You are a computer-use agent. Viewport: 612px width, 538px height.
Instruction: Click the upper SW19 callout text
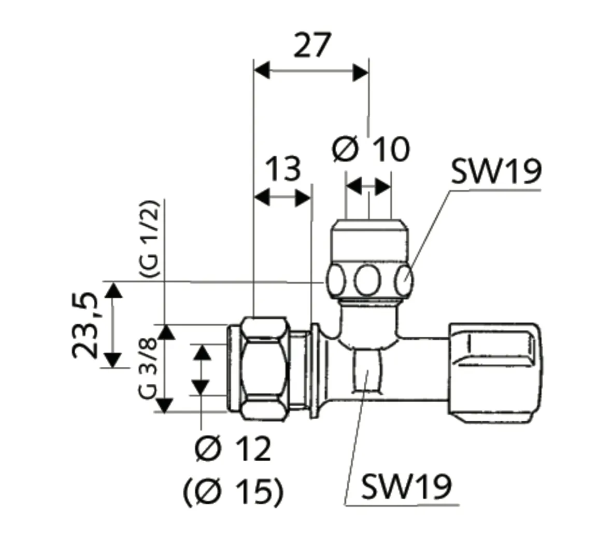point(495,172)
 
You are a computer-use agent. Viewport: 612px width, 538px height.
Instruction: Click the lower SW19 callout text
point(406,486)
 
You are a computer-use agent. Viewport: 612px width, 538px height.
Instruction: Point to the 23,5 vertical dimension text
point(85,325)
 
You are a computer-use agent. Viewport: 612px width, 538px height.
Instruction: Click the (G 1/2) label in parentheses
point(149,240)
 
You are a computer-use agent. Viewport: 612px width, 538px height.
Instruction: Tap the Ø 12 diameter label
point(233,449)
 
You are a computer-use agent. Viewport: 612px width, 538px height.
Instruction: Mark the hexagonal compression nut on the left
point(265,366)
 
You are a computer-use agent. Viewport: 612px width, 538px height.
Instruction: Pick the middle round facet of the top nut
point(368,281)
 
